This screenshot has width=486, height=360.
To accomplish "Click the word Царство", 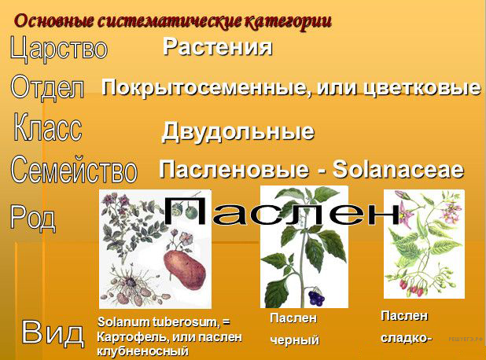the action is pos(59,48).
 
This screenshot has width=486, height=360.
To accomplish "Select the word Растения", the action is pos(218,47).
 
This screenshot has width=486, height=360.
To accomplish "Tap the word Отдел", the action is pos(47,87).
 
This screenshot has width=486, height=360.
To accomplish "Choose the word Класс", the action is pos(48,127).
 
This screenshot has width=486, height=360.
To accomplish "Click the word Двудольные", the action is pos(237,132).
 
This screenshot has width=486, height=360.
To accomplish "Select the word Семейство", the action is pos(74,169).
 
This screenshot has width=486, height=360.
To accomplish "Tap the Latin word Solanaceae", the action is pos(398,170).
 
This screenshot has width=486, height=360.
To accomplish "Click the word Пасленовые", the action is pos(234,170).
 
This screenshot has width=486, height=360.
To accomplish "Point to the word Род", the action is pos(33,218).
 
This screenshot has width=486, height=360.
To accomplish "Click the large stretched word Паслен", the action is pos(282,211).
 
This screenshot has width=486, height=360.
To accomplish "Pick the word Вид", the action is pos(53,332).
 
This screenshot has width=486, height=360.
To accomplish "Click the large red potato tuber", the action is pos(185,269).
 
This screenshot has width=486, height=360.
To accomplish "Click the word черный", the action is pos(294,340).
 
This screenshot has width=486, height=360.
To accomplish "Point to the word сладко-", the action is pos(406,338).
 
